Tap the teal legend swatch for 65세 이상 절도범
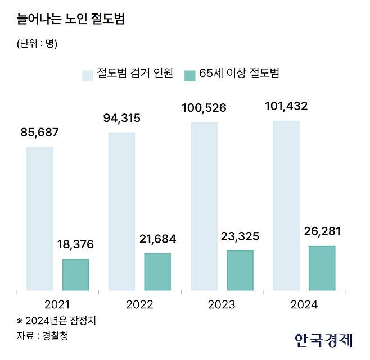coord(190,74)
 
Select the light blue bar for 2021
coord(40,219)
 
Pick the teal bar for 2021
coord(75,275)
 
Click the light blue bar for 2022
coord(121,212)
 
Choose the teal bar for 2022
coord(157,272)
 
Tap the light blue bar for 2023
coord(204,207)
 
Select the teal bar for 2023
coord(240,271)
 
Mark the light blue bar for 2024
coord(286,206)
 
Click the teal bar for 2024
coord(322,268)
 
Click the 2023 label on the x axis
coord(222,306)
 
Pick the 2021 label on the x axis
coord(57,306)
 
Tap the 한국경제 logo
coord(323,339)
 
